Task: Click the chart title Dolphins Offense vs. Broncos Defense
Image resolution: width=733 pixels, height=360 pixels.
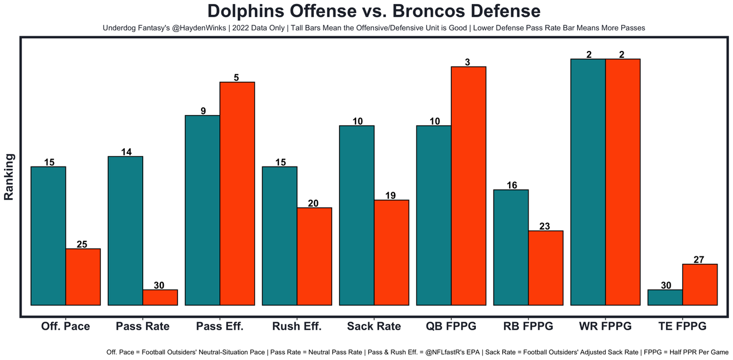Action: [373, 11]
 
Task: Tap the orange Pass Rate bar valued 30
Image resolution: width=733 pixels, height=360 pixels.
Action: [160, 297]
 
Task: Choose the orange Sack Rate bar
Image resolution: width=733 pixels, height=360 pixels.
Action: [391, 252]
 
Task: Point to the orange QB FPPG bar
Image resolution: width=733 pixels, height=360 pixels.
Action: [468, 186]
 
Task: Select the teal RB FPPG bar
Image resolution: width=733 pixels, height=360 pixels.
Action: [511, 247]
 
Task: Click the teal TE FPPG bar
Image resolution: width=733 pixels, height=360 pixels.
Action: [665, 297]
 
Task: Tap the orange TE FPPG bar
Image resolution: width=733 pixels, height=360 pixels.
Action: [700, 284]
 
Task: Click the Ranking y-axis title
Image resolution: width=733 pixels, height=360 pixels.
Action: [9, 176]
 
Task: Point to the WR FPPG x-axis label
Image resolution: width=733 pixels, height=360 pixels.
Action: [605, 326]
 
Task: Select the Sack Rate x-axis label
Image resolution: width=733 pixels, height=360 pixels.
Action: [374, 326]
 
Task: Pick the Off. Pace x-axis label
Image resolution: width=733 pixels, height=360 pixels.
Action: [65, 326]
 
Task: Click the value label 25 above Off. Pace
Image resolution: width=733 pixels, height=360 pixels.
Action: [82, 244]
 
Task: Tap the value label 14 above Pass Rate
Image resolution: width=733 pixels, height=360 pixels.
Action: [127, 152]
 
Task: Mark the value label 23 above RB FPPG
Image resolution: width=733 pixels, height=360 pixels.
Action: [545, 226]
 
